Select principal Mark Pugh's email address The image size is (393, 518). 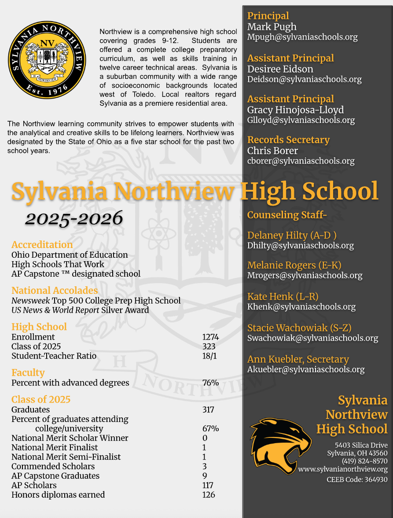pos(302,37)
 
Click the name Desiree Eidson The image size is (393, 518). pos(280,69)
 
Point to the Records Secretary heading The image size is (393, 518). pos(288,140)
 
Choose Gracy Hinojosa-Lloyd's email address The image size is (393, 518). pos(301,120)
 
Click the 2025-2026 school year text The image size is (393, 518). pos(73,218)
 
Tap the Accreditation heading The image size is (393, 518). pos(42,244)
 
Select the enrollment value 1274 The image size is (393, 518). pos(210,337)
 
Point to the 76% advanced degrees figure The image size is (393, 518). pos(210,383)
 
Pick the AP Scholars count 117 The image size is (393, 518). pos(208,485)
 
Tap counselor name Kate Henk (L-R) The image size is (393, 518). pos(283,296)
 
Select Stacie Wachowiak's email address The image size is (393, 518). pos(312,338)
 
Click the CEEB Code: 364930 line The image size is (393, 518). pos(357,479)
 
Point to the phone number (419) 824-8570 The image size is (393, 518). pos(364,461)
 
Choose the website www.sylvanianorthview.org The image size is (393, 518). pos(343,470)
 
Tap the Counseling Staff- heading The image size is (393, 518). pos(287,215)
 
